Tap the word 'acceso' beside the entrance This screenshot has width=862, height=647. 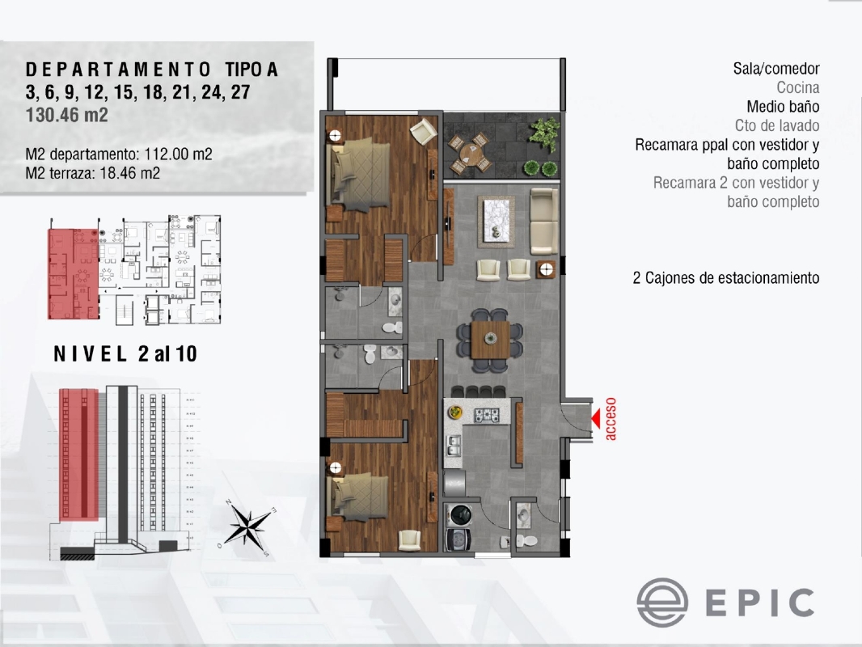tap(611, 418)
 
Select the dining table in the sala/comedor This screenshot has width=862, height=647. tap(490, 339)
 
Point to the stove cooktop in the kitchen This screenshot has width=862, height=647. tap(488, 416)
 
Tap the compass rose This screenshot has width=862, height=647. tap(247, 526)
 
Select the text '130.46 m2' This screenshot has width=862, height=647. tap(67, 115)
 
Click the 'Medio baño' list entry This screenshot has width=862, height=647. tap(783, 107)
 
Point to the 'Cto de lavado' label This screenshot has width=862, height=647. tap(777, 126)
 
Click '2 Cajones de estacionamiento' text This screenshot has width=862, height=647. tap(725, 278)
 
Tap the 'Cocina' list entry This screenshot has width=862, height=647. tap(798, 87)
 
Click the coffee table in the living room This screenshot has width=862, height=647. tap(496, 220)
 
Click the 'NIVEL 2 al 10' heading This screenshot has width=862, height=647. tap(125, 354)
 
